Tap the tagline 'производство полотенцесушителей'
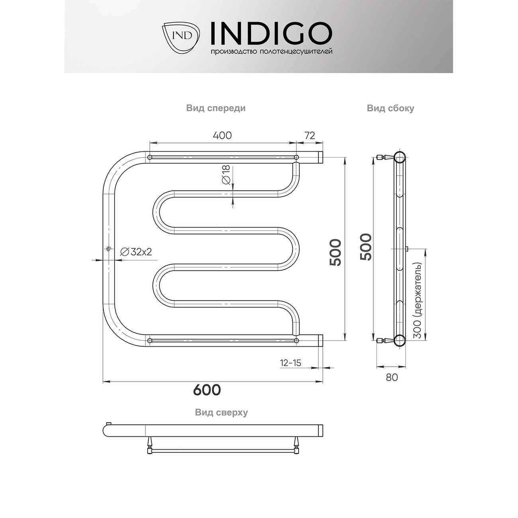(x=271, y=52)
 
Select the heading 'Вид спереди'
(x=216, y=108)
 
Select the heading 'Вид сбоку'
(x=390, y=108)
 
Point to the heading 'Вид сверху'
(x=221, y=412)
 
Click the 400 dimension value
(x=222, y=135)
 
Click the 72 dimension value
(x=310, y=135)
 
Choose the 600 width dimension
(x=207, y=390)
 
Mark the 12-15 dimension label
(x=290, y=363)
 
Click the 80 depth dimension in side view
(x=392, y=377)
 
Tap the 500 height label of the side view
(x=365, y=247)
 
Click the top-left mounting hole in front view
(x=150, y=158)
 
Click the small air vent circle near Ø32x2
(x=108, y=249)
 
